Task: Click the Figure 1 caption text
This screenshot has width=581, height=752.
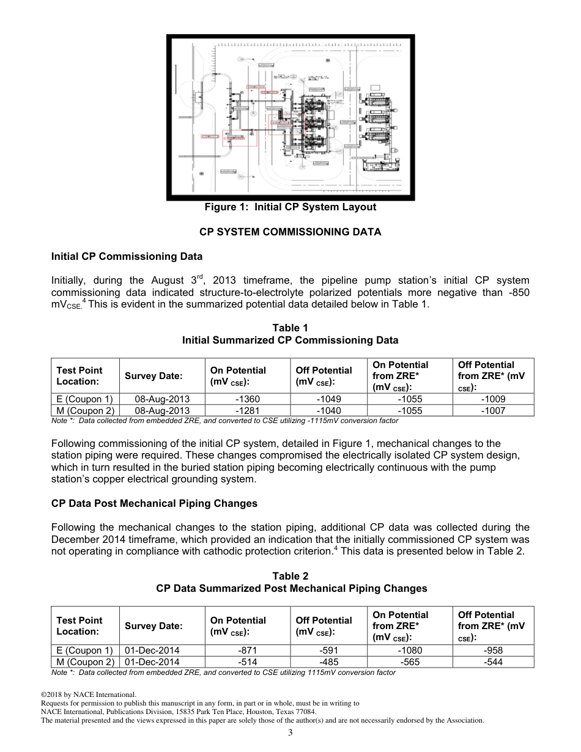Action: (290, 207)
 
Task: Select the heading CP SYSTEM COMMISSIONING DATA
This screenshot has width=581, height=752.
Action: (290, 232)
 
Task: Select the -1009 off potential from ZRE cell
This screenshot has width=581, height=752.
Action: (493, 399)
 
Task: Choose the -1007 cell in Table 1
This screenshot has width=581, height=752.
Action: (493, 411)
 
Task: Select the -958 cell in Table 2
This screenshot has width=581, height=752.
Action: (493, 651)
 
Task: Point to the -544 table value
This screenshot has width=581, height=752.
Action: (493, 662)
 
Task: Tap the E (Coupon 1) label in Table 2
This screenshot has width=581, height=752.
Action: (84, 651)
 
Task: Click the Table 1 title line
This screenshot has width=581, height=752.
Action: (290, 328)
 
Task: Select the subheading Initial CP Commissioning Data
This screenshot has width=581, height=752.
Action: (127, 256)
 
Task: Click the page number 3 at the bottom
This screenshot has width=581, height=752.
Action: (290, 733)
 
